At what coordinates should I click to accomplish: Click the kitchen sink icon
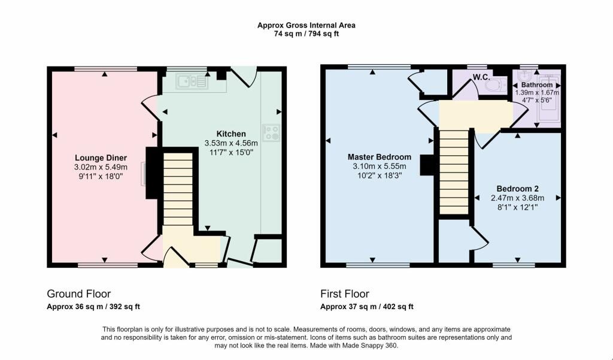[192, 81]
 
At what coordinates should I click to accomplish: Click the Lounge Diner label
[101, 158]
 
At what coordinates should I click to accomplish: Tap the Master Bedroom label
[380, 157]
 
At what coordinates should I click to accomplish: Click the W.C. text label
[481, 77]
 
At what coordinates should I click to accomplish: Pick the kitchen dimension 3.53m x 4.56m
[231, 143]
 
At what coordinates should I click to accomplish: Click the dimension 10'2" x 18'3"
[380, 176]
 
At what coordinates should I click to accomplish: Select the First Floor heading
[344, 294]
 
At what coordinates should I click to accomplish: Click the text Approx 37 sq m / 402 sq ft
[367, 307]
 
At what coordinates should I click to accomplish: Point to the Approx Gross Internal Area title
[306, 25]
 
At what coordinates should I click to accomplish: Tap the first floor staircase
[453, 174]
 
